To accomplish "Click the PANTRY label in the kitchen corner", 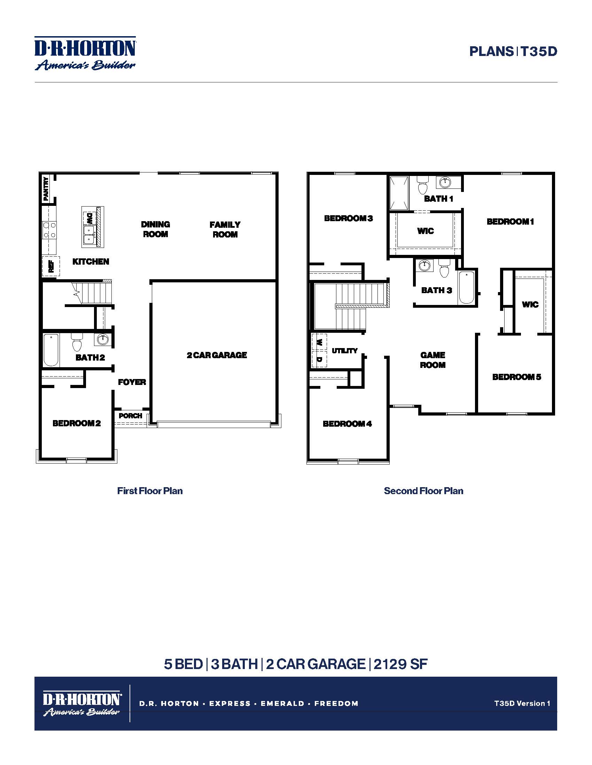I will pyautogui.click(x=46, y=189).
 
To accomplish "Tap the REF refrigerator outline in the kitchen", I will pyautogui.click(x=51, y=266).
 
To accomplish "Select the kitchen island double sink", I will pyautogui.click(x=89, y=234).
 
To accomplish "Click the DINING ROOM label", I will pyautogui.click(x=155, y=229).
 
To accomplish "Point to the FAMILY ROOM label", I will pyautogui.click(x=225, y=229).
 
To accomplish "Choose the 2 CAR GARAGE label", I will pyautogui.click(x=217, y=355).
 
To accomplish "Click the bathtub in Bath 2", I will pyautogui.click(x=51, y=350).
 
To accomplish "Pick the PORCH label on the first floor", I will pyautogui.click(x=131, y=416).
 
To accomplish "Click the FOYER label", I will pyautogui.click(x=132, y=382).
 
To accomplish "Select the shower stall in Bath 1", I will pyautogui.click(x=399, y=193).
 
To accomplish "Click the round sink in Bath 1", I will pyautogui.click(x=445, y=182).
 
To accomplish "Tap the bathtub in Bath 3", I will pyautogui.click(x=466, y=287).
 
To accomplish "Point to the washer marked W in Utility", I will pyautogui.click(x=319, y=342).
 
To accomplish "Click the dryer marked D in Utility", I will pyautogui.click(x=319, y=360).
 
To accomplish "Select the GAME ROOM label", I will pyautogui.click(x=433, y=360).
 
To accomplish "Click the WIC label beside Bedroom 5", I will pyautogui.click(x=530, y=304).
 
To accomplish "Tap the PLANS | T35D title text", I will pyautogui.click(x=513, y=51).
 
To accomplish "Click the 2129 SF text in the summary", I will pyautogui.click(x=400, y=664).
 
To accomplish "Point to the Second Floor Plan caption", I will pyautogui.click(x=423, y=491).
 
